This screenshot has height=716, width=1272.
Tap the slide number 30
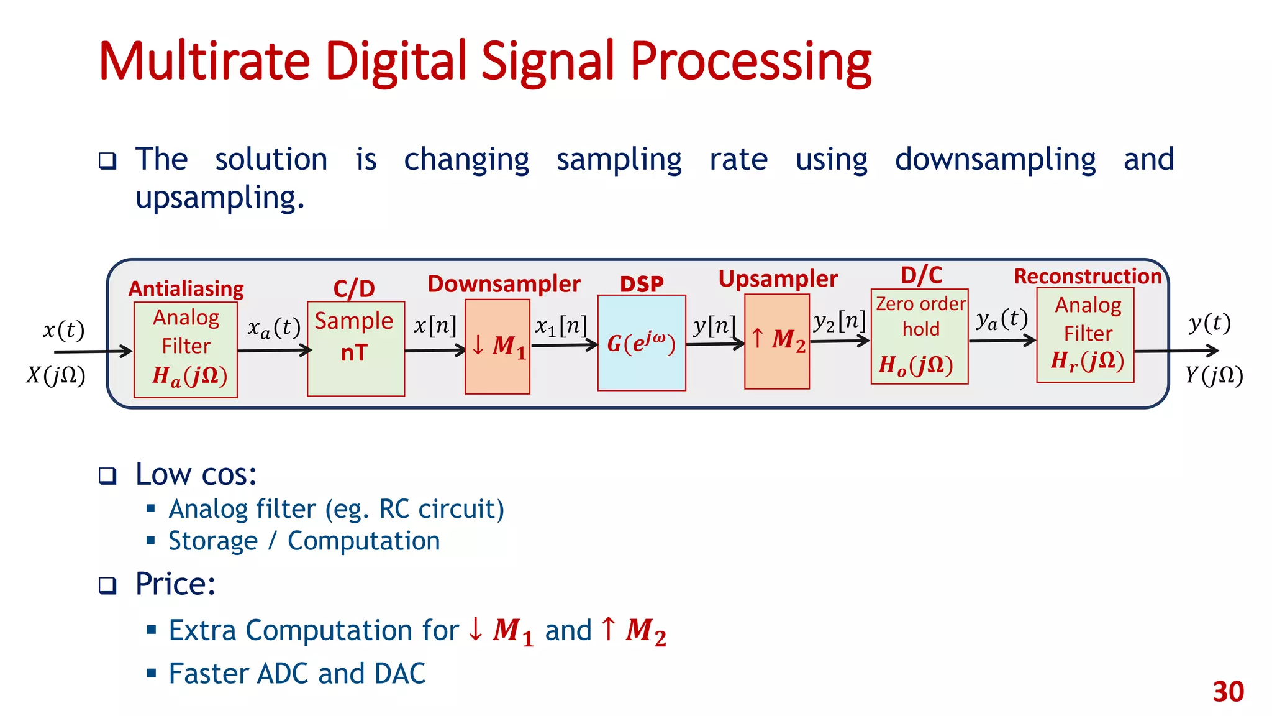click(x=1228, y=692)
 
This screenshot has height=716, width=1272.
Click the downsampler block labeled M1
click(x=497, y=346)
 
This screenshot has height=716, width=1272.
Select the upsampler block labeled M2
click(x=776, y=341)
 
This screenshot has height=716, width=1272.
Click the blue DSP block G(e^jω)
click(x=641, y=342)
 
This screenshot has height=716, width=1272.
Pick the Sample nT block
click(x=355, y=349)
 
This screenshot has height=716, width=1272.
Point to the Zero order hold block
click(x=919, y=336)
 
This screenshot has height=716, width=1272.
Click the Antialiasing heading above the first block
click(x=186, y=289)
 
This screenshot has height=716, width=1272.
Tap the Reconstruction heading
click(x=1087, y=277)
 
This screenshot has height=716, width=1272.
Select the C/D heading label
click(x=354, y=289)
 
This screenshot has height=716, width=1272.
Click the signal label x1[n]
click(x=561, y=326)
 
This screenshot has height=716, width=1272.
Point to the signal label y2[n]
click(x=839, y=321)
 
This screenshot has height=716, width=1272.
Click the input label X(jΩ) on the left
click(x=56, y=375)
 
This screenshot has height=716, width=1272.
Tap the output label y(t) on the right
click(x=1209, y=324)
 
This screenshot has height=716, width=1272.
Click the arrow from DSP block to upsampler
click(x=714, y=344)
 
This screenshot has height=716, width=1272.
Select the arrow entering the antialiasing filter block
click(x=93, y=352)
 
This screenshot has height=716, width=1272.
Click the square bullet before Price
click(x=107, y=585)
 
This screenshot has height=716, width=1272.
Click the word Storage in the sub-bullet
click(x=213, y=541)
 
